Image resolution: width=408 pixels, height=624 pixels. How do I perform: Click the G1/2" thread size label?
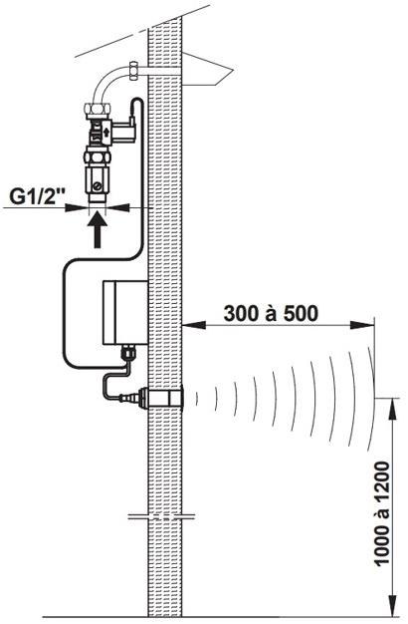coord(38,196)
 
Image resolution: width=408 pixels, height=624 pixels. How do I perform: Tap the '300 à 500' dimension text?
coord(271,313)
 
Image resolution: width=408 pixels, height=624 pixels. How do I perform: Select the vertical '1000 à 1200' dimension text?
coord(382,513)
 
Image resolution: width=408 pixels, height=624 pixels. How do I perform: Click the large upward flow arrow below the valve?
coord(98,230)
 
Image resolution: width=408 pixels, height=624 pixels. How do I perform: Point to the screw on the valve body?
coord(97,185)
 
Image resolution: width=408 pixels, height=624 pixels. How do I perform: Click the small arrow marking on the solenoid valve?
coord(106,131)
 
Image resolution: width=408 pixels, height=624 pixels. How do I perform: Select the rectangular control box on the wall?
coord(125,312)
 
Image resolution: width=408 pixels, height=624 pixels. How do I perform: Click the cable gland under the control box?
coord(127,353)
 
